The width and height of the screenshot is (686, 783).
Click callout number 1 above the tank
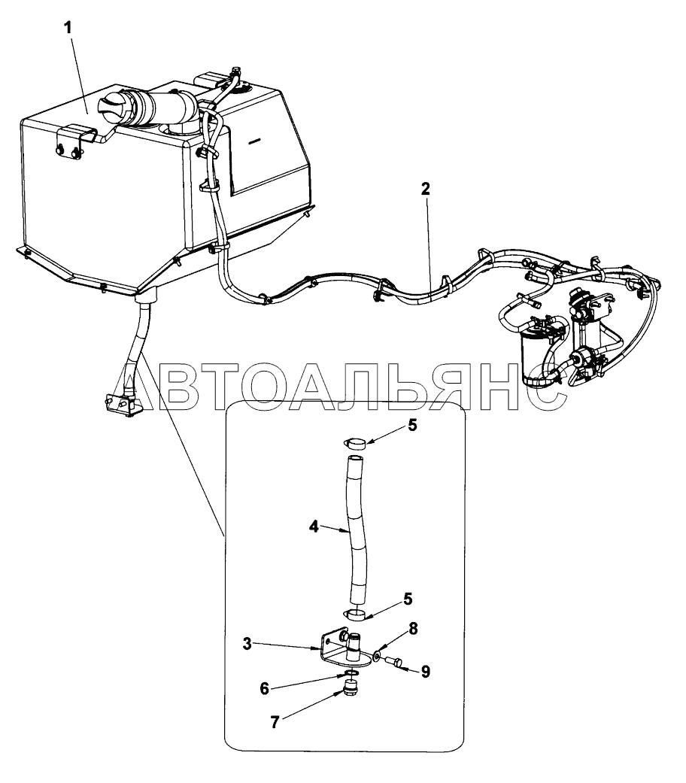67,28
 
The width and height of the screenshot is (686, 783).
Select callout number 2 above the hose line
425,190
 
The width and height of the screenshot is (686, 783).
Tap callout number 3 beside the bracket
247,644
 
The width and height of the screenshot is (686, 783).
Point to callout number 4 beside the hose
314,527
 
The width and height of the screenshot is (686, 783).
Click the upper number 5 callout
412,426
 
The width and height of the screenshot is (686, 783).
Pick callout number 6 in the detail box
265,689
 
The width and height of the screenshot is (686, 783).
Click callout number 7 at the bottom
412,629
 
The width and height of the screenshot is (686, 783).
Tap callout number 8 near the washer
425,672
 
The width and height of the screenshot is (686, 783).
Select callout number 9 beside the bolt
425,672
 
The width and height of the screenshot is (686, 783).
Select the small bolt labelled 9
393,662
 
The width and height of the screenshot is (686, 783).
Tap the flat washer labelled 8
376,654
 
